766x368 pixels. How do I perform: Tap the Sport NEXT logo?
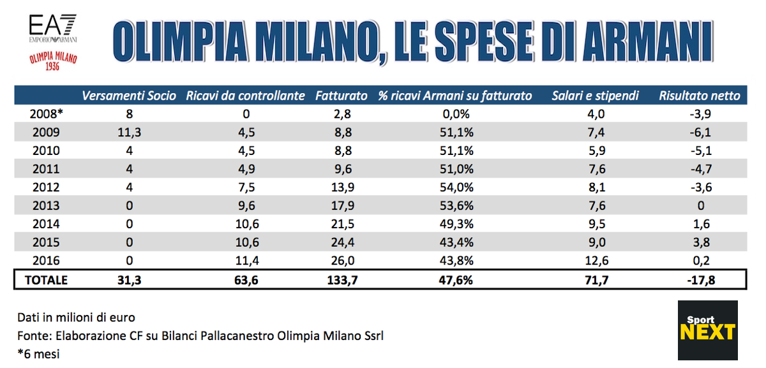(707, 330)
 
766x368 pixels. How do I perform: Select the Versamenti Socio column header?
(128, 96)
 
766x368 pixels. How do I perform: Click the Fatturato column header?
(342, 96)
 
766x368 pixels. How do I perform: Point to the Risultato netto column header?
(700, 96)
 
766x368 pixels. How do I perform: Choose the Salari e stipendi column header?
(595, 96)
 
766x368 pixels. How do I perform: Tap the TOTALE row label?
(46, 279)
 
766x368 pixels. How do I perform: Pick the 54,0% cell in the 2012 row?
(454, 188)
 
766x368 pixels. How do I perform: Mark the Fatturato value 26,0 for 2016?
(342, 261)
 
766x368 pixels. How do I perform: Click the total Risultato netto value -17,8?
(700, 279)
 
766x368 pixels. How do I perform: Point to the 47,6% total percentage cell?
(454, 279)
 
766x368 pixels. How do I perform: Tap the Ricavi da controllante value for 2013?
(246, 206)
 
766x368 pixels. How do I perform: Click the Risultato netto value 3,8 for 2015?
(700, 243)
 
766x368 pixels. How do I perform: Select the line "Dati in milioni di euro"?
(77, 318)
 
